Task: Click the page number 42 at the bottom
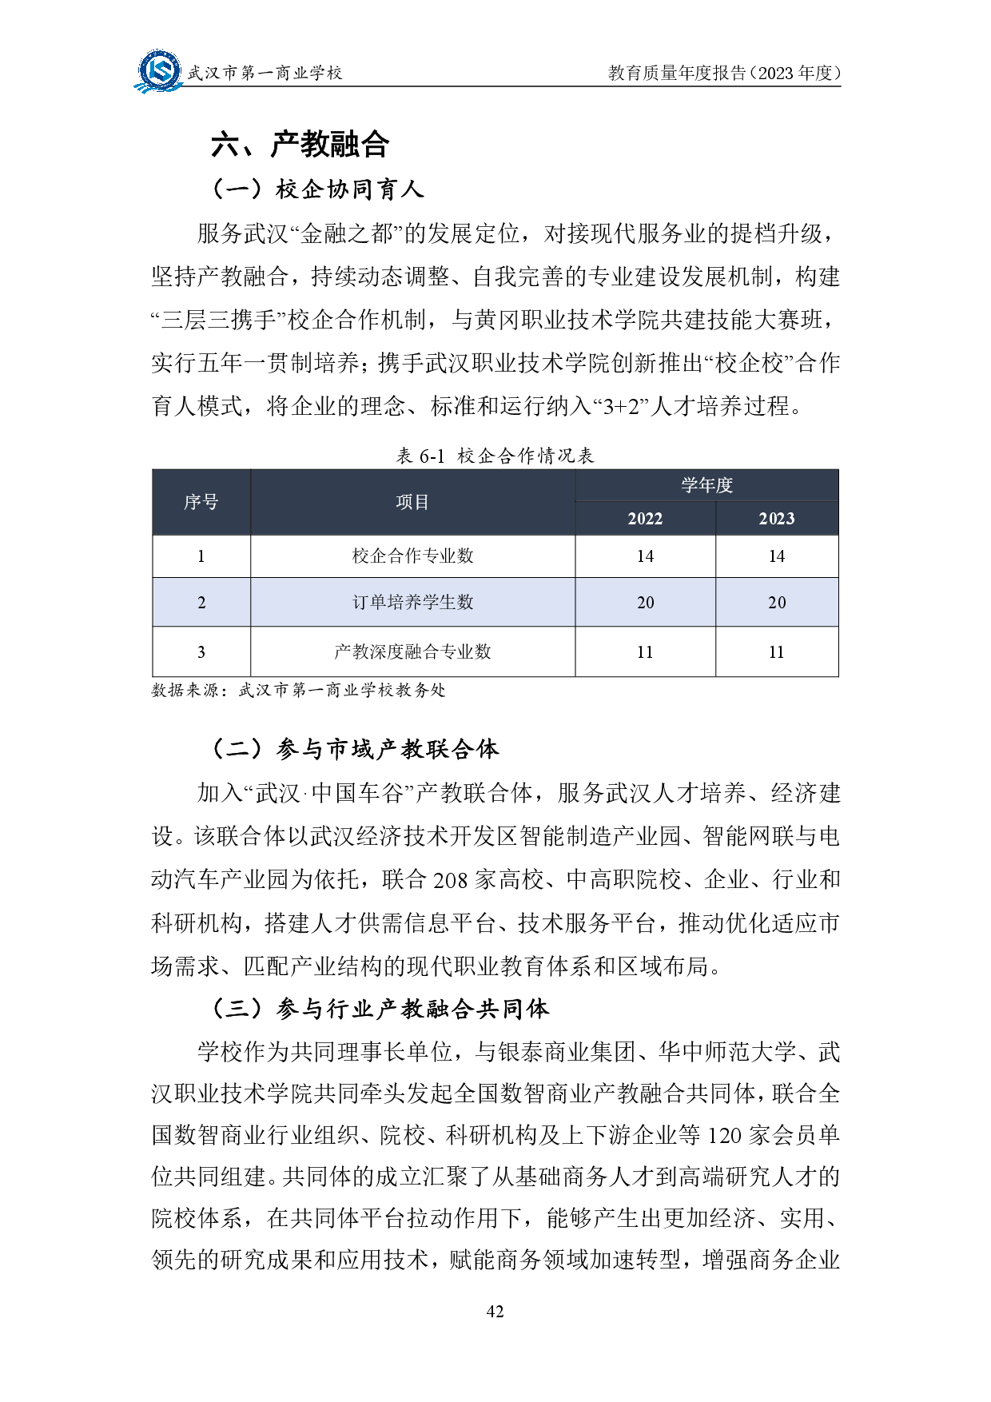495,1311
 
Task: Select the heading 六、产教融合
300,145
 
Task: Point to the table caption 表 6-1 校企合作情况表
495,456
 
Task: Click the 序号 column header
201,502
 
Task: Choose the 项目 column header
412,502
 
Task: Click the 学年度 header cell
706,485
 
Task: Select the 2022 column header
645,519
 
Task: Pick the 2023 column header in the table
776,519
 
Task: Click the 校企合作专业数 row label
412,556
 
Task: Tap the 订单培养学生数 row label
412,602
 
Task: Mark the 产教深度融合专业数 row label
412,651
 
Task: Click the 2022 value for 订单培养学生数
645,603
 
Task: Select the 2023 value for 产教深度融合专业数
776,652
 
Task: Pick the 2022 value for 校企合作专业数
645,556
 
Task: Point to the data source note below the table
298,690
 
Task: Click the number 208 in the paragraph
450,880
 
